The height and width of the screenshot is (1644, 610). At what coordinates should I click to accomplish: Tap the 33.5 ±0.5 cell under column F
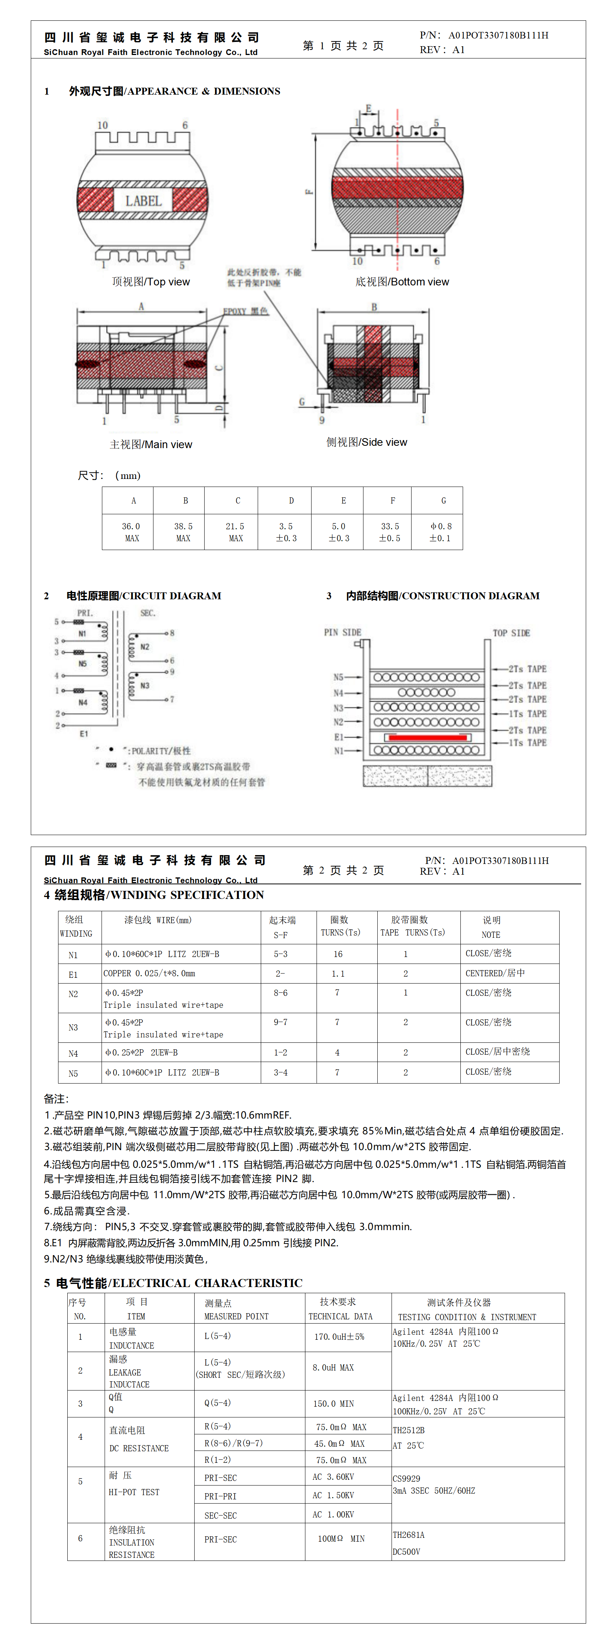[x=390, y=532]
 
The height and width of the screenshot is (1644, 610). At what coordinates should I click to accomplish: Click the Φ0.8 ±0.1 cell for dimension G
[x=440, y=532]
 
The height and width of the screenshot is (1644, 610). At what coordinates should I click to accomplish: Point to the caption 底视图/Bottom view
[x=402, y=282]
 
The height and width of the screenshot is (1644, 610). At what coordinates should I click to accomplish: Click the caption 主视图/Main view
[x=151, y=445]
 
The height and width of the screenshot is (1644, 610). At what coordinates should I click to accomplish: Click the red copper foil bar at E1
[x=426, y=737]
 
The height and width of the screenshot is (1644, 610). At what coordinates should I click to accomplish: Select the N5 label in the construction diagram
[x=338, y=677]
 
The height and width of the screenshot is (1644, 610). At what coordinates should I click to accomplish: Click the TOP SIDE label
[x=511, y=633]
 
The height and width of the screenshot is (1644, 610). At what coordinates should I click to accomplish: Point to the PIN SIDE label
[x=343, y=632]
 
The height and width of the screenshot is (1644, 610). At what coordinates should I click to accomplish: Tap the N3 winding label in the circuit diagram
[x=145, y=685]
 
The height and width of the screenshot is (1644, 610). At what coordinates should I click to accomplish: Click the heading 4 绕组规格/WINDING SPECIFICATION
[x=154, y=895]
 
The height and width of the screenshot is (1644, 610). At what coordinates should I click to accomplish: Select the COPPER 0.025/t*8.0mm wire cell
[x=149, y=973]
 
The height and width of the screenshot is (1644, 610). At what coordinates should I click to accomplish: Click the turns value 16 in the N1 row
[x=338, y=954]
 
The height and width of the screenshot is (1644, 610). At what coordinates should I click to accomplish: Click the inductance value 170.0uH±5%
[x=339, y=1336]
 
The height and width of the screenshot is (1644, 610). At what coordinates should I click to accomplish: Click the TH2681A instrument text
[x=408, y=1535]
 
